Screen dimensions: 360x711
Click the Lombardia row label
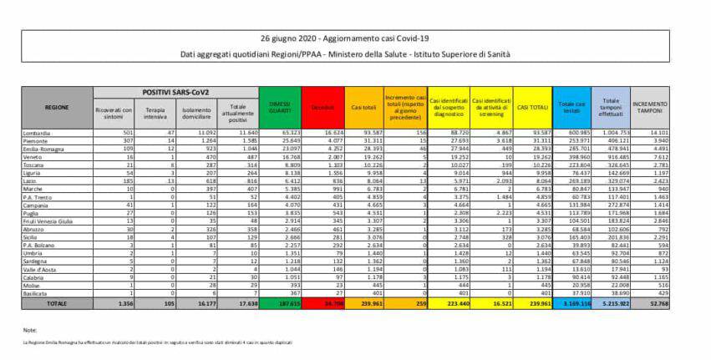[39, 132]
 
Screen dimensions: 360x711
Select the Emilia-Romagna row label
[45, 147]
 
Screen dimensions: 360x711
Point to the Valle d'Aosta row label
[41, 269]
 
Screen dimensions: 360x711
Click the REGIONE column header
[57, 107]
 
